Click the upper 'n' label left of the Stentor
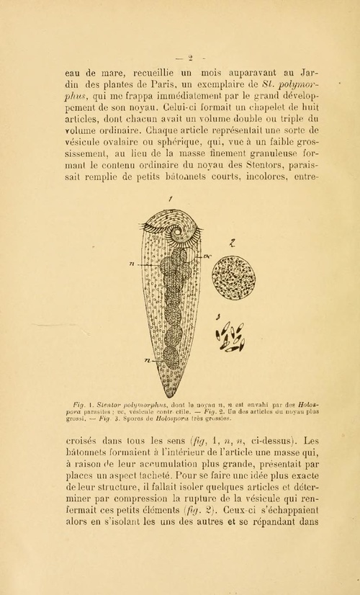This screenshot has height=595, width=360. (132, 264)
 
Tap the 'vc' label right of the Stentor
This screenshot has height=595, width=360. (206, 256)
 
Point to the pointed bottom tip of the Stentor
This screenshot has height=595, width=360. (169, 395)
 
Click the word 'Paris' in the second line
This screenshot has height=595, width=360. (150, 89)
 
